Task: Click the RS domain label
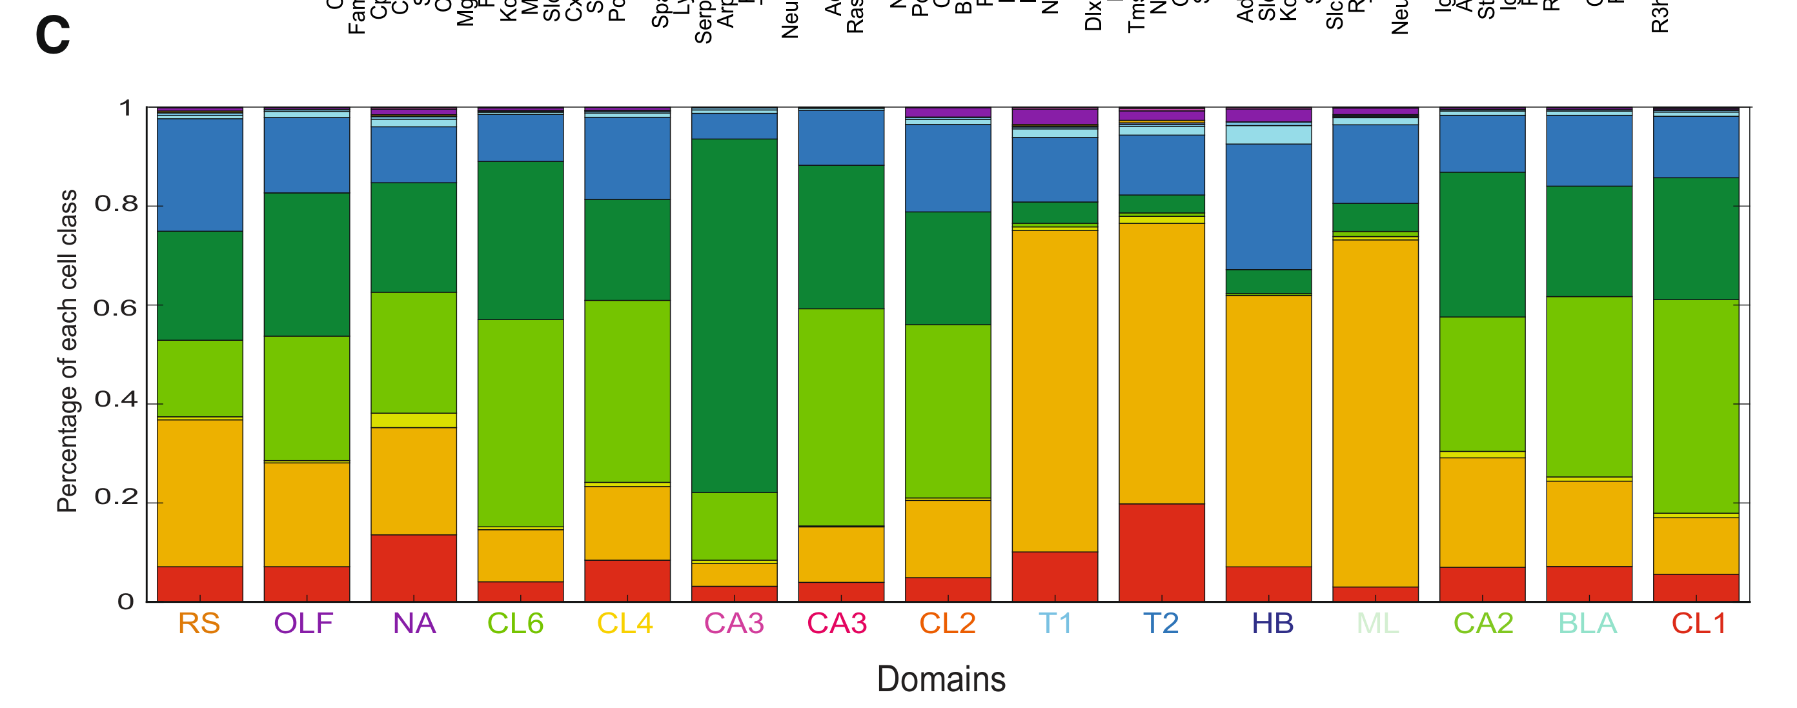pyautogui.click(x=199, y=623)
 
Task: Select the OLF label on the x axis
pyautogui.click(x=303, y=623)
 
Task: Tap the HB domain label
pyautogui.click(x=1272, y=623)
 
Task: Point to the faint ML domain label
pyautogui.click(x=1377, y=623)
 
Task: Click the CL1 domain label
pyautogui.click(x=1699, y=623)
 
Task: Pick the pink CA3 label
pyautogui.click(x=734, y=623)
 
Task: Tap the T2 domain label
pyautogui.click(x=1161, y=623)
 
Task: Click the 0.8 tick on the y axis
pyautogui.click(x=116, y=205)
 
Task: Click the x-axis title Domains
pyautogui.click(x=941, y=679)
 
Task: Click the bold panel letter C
pyautogui.click(x=52, y=35)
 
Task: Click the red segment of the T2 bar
pyautogui.click(x=1161, y=552)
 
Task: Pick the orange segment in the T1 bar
pyautogui.click(x=1055, y=390)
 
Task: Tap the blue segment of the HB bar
pyautogui.click(x=1268, y=207)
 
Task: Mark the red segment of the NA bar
pyautogui.click(x=414, y=568)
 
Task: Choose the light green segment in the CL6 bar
pyautogui.click(x=520, y=423)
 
